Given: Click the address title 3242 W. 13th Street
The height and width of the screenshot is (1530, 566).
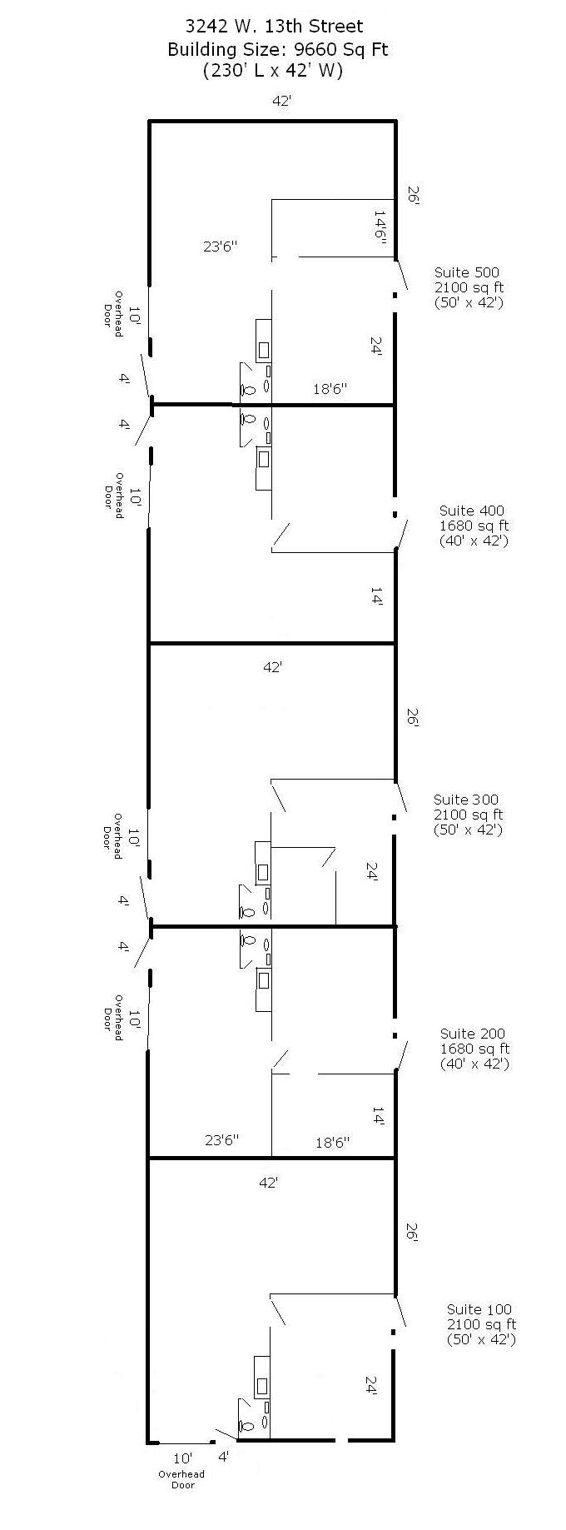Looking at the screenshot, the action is (x=274, y=27).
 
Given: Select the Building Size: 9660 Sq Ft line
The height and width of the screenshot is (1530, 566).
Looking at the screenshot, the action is (x=277, y=49).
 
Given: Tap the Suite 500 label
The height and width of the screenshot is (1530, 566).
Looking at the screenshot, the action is (x=467, y=272).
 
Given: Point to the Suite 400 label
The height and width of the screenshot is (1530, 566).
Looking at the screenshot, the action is (x=472, y=511).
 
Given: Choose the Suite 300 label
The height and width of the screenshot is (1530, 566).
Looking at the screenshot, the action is (x=466, y=800).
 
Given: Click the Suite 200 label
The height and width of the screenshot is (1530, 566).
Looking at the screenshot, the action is (x=473, y=1034).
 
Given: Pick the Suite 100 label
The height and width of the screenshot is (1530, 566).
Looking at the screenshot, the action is (x=479, y=1309).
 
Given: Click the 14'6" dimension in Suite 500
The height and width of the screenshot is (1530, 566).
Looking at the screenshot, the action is (x=380, y=225).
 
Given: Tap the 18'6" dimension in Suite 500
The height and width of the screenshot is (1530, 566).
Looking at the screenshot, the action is (x=330, y=388).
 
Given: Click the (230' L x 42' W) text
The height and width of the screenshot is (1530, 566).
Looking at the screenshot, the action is (x=273, y=71).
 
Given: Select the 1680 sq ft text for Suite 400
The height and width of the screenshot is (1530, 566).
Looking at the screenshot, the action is (x=474, y=526).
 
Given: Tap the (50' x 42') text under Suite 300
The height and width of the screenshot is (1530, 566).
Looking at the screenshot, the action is (x=468, y=830).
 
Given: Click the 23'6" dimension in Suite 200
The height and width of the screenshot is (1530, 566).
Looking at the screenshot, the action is (x=221, y=1140).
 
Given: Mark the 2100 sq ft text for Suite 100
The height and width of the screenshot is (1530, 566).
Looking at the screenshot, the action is (x=481, y=1324).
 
